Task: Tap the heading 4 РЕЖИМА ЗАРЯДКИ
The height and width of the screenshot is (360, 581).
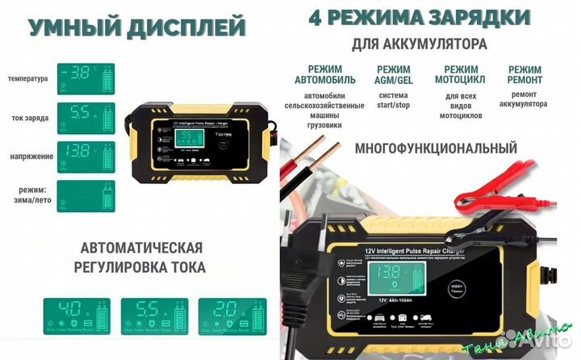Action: click(419, 17)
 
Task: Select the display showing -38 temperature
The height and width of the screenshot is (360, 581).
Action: click(86, 73)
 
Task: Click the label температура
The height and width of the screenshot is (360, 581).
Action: click(27, 79)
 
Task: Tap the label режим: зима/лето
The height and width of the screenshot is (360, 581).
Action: click(28, 195)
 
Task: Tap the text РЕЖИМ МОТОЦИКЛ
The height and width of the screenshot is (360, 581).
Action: click(460, 75)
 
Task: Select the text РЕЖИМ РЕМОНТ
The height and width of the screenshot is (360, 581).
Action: click(525, 75)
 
